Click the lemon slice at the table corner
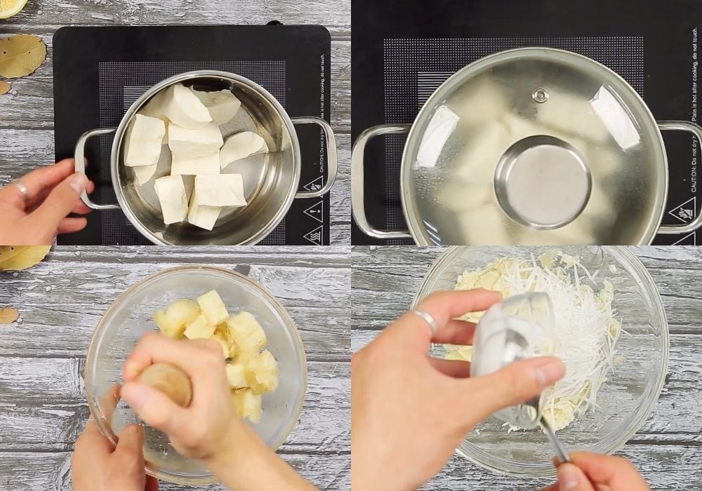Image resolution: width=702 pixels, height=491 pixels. point(11,6)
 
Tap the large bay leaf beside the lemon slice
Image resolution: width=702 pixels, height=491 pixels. point(22,55)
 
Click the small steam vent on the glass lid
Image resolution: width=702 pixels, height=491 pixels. point(540,95)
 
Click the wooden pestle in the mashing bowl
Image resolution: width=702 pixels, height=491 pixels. point(165,382)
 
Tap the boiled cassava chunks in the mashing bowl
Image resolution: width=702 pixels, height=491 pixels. point(225,344)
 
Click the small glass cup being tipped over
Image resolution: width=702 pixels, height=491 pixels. point(512,351)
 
